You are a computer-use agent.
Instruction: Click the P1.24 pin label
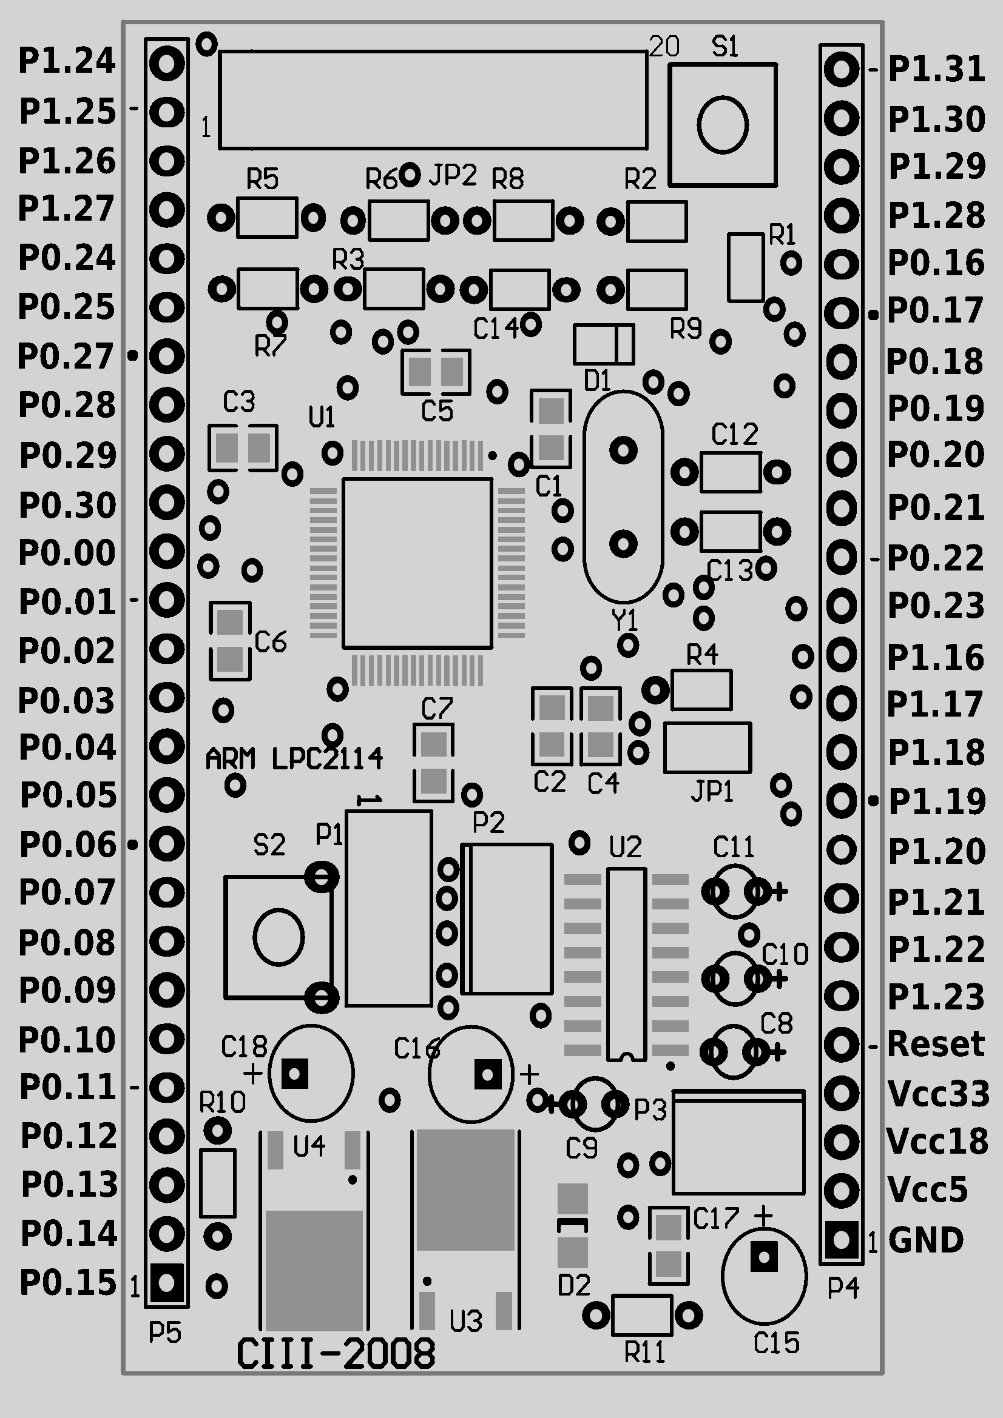tap(67, 61)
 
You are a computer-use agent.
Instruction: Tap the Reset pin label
tap(936, 1044)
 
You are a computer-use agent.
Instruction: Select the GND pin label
tap(926, 1240)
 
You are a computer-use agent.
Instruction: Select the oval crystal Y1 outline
tap(584, 497)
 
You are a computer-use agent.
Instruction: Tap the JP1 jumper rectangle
tap(708, 747)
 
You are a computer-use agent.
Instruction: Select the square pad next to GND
tap(841, 1240)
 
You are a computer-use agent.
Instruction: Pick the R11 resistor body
tap(641, 1316)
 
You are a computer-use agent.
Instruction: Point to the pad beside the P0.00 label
tap(167, 551)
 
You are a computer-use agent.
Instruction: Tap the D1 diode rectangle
tap(604, 344)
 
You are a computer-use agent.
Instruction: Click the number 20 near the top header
tap(664, 46)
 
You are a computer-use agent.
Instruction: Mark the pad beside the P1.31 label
tap(841, 69)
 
